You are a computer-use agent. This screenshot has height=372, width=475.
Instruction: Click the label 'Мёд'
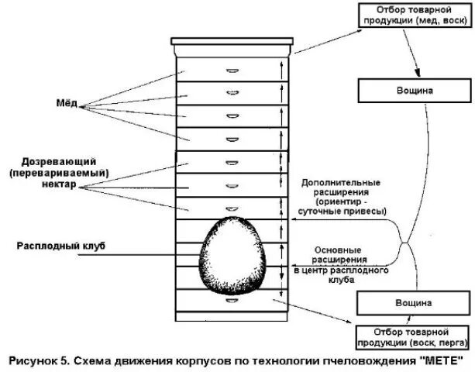pyautogui.click(x=67, y=104)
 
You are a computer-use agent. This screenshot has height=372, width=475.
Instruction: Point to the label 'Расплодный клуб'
pyautogui.click(x=60, y=246)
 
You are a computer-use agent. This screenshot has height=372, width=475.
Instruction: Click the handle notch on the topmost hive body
pyautogui.click(x=231, y=71)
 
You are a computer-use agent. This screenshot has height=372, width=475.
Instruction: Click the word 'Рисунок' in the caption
pyautogui.click(x=36, y=360)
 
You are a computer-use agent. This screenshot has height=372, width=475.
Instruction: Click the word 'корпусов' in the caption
pyautogui.click(x=209, y=360)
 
